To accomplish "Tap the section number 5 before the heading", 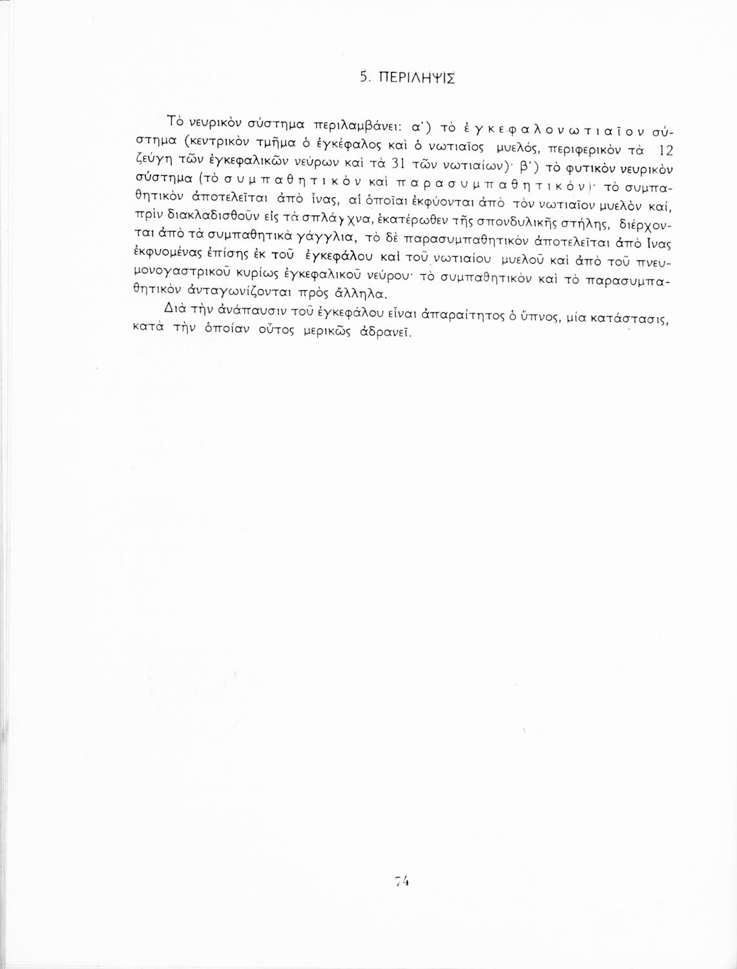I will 364,79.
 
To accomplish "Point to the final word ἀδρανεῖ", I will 386,334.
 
